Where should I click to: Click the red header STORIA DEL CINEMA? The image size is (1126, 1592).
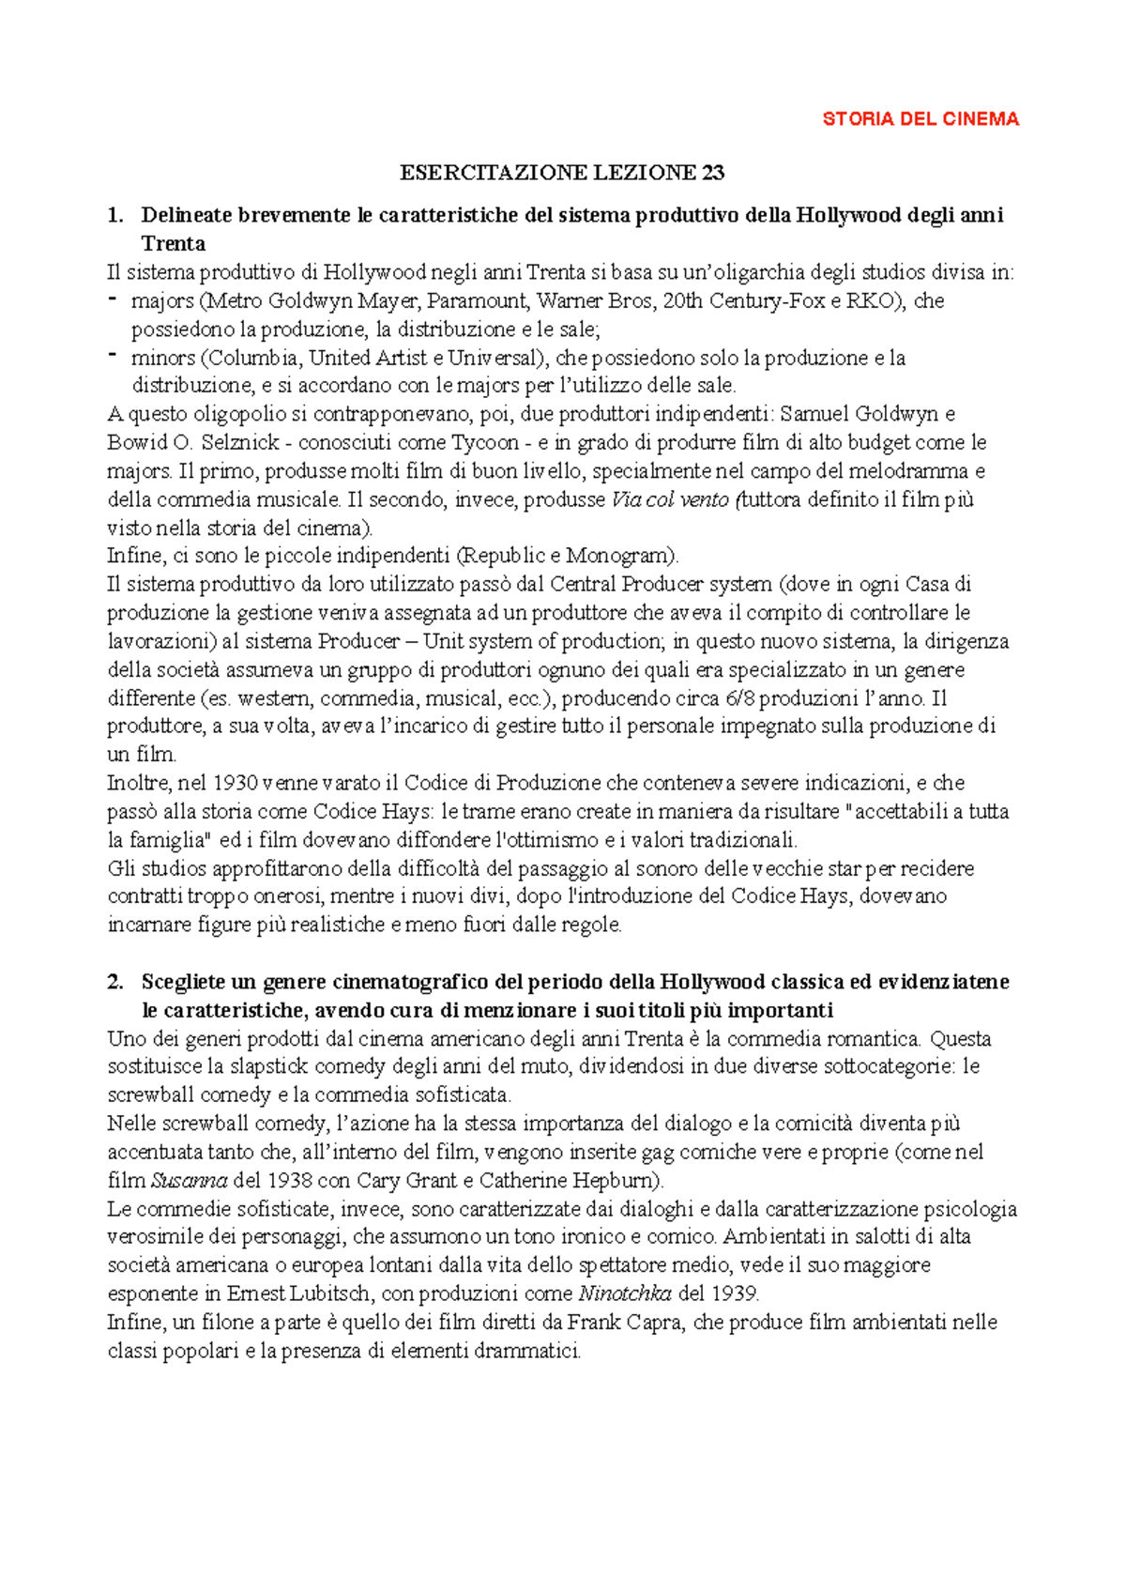point(920,119)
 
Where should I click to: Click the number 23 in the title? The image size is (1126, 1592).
point(712,173)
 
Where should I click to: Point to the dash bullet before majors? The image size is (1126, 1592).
point(113,299)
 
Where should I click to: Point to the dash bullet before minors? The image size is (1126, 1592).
point(113,356)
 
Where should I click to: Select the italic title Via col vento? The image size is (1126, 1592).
point(669,499)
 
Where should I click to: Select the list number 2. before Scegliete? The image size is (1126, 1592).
point(115,982)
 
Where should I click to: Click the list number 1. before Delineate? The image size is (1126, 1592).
point(115,215)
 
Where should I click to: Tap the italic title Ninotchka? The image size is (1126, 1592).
point(625,1293)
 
